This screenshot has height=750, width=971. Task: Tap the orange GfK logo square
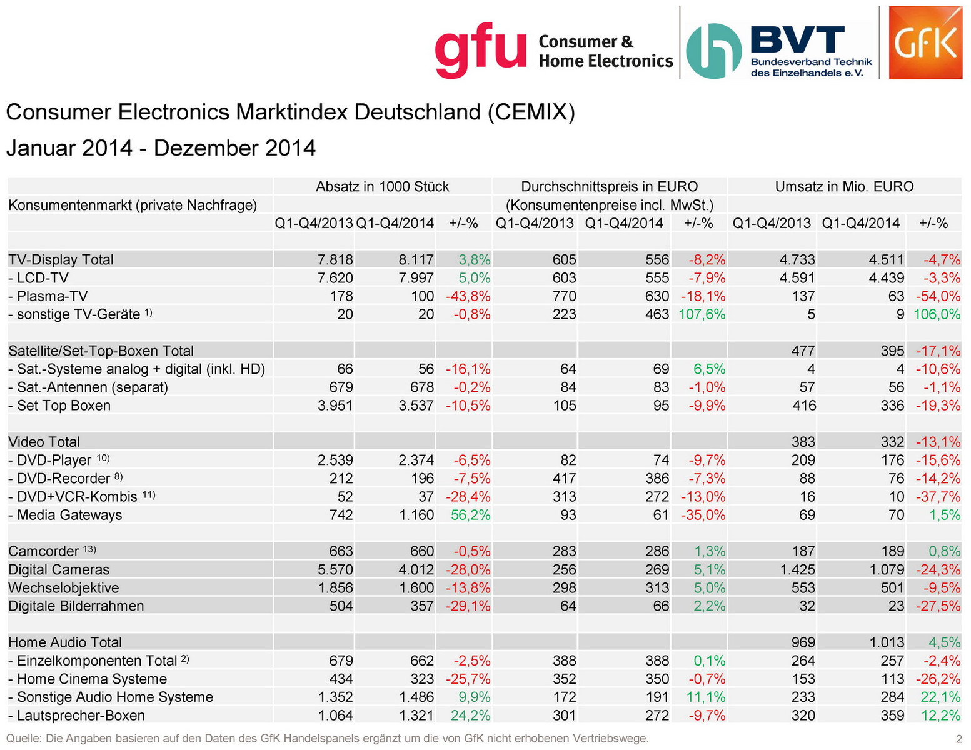(x=925, y=43)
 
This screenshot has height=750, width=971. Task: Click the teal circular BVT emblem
(x=713, y=51)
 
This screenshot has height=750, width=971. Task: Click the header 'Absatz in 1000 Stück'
(x=382, y=187)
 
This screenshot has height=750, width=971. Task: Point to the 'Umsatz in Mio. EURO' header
(x=844, y=187)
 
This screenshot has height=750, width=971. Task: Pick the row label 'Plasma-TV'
(x=52, y=296)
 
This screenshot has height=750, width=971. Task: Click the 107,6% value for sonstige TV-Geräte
(x=702, y=314)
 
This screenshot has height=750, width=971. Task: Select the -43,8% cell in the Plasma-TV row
(x=468, y=296)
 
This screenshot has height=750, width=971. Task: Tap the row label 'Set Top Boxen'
(x=63, y=406)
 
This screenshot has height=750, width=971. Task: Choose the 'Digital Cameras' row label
(x=59, y=570)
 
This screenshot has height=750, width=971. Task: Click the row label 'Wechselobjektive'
(x=64, y=588)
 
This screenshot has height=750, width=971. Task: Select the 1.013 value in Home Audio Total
(x=886, y=642)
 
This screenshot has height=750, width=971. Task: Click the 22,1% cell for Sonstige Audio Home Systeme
(x=941, y=697)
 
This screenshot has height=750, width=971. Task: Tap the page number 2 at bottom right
(x=958, y=739)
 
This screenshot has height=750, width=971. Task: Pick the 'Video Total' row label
(x=44, y=442)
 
